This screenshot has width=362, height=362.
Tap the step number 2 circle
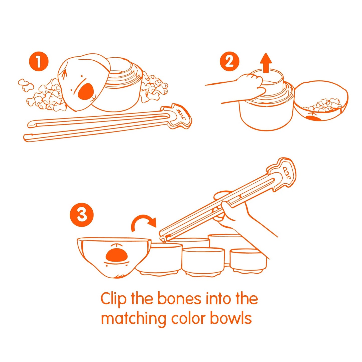(230, 62)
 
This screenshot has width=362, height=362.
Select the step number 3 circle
(81, 215)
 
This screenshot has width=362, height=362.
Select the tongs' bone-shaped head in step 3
(281, 174)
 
